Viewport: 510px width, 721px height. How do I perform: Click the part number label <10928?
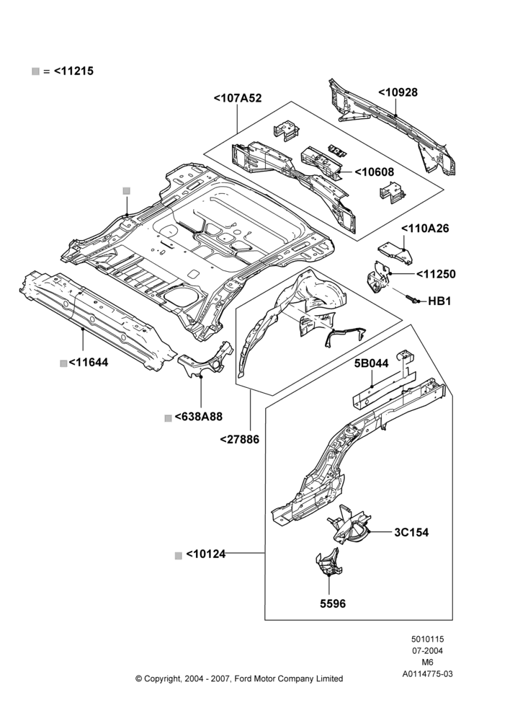398,92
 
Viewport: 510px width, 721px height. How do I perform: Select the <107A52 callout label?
238,98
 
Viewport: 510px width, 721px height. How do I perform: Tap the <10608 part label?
374,172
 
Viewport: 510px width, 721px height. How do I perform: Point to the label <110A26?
425,229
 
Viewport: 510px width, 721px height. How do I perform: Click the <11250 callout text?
436,275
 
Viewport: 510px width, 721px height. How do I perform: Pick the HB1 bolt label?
439,301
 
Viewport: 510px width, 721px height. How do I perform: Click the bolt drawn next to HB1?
412,299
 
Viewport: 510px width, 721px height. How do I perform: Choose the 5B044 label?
371,363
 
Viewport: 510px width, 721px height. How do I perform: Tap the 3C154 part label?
411,533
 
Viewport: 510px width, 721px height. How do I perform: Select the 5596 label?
333,603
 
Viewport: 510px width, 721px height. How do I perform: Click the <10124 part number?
206,554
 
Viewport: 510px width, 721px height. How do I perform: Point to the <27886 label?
239,440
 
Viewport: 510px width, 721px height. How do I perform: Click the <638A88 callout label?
199,417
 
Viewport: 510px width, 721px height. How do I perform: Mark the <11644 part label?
89,363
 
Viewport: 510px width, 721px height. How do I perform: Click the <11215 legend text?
74,71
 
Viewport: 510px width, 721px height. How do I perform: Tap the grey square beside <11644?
63,363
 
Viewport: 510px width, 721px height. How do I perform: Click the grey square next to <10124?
179,555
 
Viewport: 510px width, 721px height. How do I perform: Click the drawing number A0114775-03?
428,674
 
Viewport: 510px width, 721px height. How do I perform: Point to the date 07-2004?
428,650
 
